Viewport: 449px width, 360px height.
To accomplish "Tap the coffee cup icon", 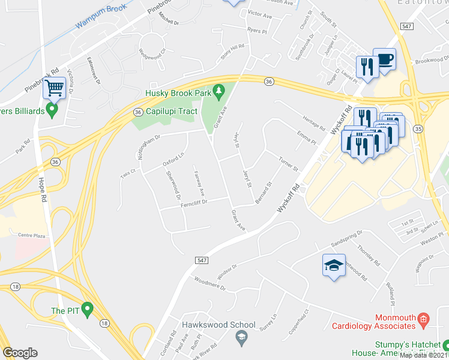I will (x=385, y=59).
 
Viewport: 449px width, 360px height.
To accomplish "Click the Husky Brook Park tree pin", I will (x=219, y=91).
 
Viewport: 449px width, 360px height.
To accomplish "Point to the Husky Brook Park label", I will (x=178, y=94).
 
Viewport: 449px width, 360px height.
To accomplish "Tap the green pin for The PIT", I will (x=88, y=310).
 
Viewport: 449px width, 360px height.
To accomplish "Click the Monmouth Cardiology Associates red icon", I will (x=423, y=317).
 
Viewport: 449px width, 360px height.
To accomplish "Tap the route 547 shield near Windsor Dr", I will (x=202, y=259).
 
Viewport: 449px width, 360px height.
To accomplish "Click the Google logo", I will (x=20, y=353).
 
